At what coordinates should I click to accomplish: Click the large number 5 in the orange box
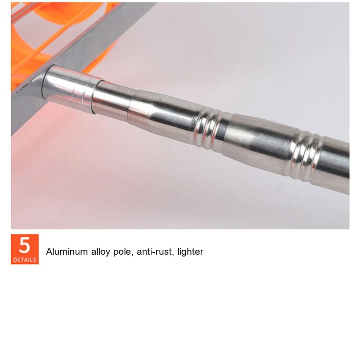coord(25,245)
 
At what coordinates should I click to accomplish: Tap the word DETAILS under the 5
coord(25,260)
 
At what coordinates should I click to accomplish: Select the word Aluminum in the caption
coord(67,252)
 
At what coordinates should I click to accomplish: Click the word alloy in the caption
coord(100,252)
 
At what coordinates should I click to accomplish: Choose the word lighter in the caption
coord(190,252)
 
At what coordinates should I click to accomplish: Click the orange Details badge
coord(25,249)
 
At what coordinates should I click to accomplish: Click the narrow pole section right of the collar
coord(112,101)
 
